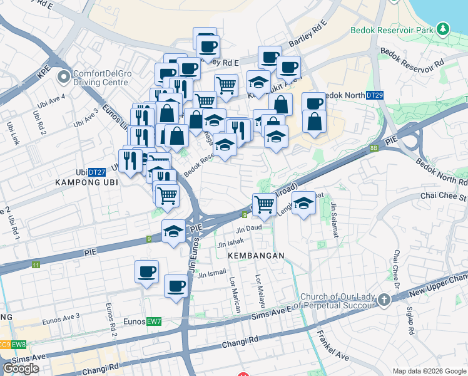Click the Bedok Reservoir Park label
[392, 30]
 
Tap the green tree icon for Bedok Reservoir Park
[443, 29]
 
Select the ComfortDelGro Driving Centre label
[111, 78]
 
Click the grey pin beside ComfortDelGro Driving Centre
[64, 78]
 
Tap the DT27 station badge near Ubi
[96, 172]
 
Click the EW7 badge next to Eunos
[154, 321]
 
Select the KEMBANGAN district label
[256, 256]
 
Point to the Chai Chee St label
[446, 197]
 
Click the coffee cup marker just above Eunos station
[176, 287]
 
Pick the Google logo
[21, 368]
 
